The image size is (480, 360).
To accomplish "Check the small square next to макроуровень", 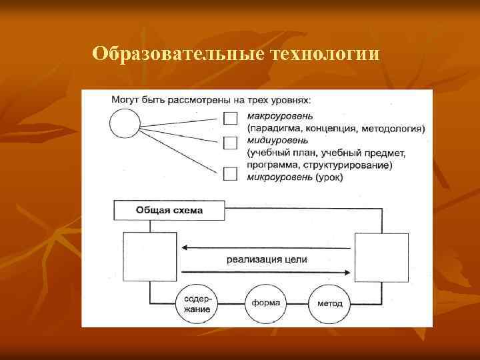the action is click(x=231, y=119).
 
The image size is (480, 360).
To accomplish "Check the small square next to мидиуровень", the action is click(x=231, y=143).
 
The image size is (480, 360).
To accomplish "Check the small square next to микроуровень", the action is click(x=231, y=173).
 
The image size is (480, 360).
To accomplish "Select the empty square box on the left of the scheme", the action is click(x=150, y=258).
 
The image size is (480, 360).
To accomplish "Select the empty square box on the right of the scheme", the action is click(x=381, y=258).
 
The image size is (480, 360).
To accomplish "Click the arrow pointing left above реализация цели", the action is click(x=267, y=247).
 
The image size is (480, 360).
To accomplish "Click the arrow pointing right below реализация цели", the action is click(x=267, y=271).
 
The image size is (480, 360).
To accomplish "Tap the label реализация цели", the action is click(x=266, y=259).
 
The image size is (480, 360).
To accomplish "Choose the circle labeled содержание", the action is click(x=197, y=303).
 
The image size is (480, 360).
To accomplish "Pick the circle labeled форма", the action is click(x=265, y=303).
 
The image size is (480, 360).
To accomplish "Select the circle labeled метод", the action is click(x=330, y=303).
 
